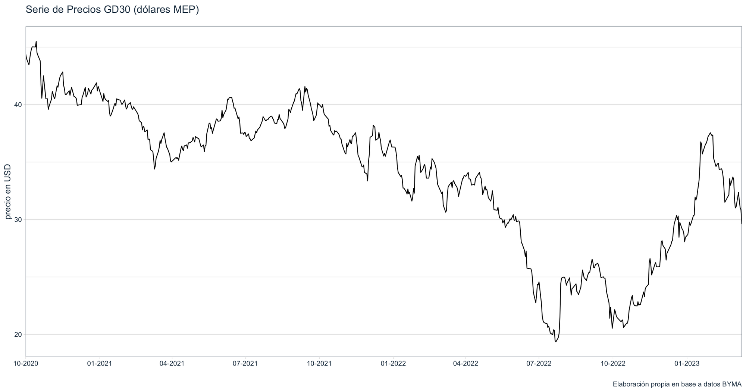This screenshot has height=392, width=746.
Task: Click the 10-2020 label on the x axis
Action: click(26, 363)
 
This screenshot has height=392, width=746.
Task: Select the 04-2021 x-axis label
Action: click(172, 363)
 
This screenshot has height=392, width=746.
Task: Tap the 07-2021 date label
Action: click(245, 363)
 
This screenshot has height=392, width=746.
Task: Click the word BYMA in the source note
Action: click(732, 384)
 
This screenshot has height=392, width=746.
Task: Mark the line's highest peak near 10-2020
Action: click(36, 41)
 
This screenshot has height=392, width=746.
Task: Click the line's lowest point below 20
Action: click(556, 342)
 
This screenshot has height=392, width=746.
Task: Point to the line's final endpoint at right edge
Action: click(741, 224)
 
